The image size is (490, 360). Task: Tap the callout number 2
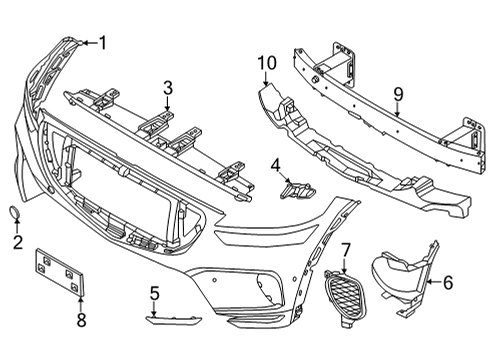click(17, 241)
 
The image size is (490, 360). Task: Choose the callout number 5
click(155, 293)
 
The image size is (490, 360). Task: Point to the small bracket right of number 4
click(298, 188)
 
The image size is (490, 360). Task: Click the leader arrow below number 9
click(397, 112)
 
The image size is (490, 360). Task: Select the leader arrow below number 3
click(168, 105)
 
